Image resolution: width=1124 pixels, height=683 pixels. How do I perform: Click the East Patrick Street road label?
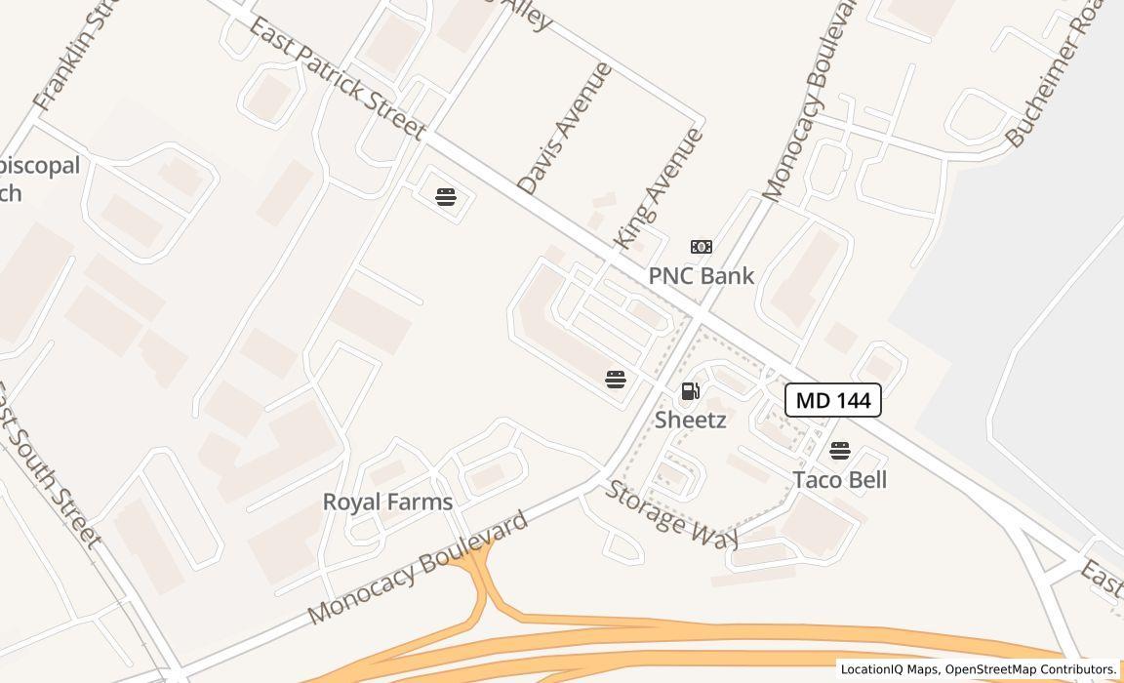click(x=338, y=78)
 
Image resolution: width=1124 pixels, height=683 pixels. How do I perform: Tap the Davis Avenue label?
click(x=565, y=129)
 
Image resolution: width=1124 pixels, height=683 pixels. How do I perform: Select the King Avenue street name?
click(x=658, y=187)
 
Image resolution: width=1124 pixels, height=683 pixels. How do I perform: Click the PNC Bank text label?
click(x=701, y=276)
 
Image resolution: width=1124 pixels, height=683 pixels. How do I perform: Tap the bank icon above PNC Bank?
click(x=702, y=247)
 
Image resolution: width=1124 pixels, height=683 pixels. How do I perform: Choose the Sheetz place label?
click(x=690, y=421)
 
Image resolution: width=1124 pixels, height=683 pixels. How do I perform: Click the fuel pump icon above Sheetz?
click(x=690, y=392)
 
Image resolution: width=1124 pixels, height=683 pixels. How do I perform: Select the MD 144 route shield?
click(x=833, y=400)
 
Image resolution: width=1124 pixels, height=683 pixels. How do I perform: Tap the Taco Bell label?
click(x=839, y=480)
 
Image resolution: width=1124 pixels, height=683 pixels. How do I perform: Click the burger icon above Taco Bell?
click(x=840, y=451)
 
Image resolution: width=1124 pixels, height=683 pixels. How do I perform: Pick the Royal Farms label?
click(x=387, y=502)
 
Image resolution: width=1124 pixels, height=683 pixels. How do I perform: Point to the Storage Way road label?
click(x=671, y=514)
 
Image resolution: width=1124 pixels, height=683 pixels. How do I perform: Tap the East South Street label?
click(x=48, y=464)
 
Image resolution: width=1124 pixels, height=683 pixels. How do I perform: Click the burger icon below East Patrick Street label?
click(x=446, y=197)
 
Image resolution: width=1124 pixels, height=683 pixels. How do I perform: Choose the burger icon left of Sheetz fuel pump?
click(x=616, y=379)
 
